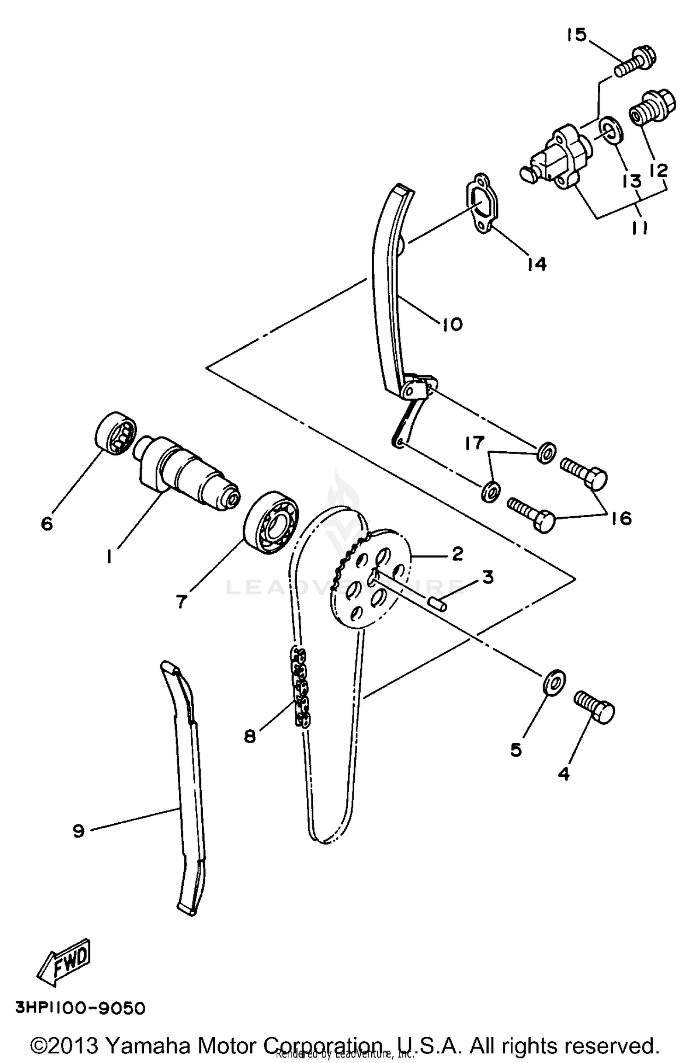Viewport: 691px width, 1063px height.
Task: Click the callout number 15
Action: point(576,35)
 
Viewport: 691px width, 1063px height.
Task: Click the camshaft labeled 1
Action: point(187,475)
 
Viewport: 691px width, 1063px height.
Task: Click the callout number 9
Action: point(78,831)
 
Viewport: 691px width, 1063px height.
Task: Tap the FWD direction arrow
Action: point(64,963)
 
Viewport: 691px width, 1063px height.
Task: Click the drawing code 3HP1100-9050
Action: point(81,1008)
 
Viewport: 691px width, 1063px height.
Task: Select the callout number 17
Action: point(474,443)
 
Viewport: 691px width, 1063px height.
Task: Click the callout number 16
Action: point(621,519)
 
